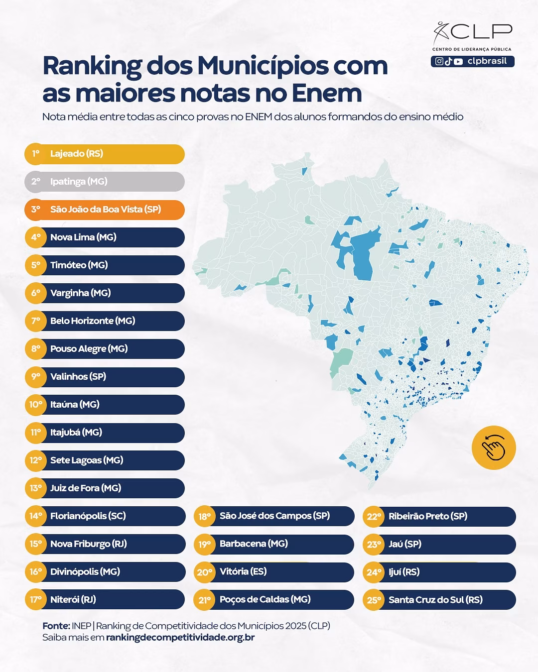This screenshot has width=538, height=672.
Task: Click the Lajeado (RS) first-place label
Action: pos(77,154)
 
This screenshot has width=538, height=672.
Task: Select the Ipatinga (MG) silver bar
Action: pos(105,182)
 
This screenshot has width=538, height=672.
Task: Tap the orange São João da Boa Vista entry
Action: pos(106,210)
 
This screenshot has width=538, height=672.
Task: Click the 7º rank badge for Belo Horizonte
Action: pos(35,321)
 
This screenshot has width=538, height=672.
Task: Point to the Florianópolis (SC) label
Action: pos(88,516)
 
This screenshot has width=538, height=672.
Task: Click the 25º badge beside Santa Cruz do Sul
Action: pos(374,600)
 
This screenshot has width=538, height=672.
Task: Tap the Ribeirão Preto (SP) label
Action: pos(428,516)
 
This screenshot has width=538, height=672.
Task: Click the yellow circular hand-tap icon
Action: pos(494,448)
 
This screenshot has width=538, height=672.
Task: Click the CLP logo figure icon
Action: pos(440,32)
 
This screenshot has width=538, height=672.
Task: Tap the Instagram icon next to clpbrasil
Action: pos(439,61)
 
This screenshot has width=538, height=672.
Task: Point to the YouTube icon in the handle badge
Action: pos(458,61)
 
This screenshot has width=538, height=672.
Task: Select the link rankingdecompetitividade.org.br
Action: pos(180,638)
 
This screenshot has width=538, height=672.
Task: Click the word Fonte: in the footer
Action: pos(56,626)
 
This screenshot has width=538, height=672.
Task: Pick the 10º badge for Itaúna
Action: pos(35,405)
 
